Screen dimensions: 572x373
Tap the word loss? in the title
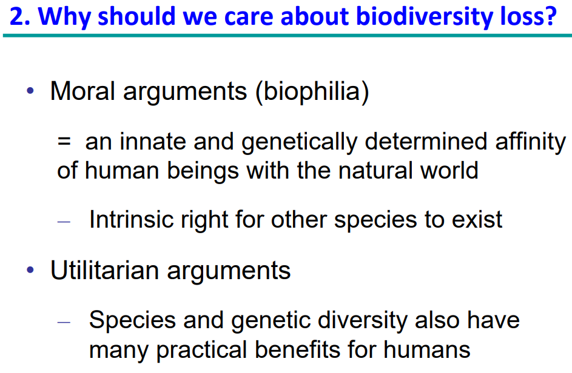click(x=528, y=16)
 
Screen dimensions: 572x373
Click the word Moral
click(x=82, y=91)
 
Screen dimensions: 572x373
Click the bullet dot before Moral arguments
click(x=30, y=90)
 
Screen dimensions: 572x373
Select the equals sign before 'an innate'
click(x=64, y=142)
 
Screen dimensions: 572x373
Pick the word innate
click(x=153, y=141)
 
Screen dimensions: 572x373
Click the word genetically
click(x=299, y=143)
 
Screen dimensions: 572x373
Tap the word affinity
click(x=530, y=143)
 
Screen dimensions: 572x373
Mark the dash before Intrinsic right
click(x=64, y=222)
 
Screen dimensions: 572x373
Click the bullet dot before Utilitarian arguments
click(x=30, y=270)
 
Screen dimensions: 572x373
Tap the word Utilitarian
click(x=105, y=270)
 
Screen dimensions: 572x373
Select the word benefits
click(x=297, y=350)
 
